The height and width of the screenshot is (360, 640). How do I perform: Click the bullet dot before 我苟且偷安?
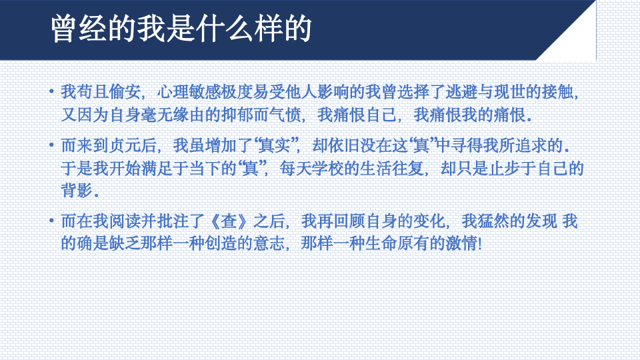coord(51,91)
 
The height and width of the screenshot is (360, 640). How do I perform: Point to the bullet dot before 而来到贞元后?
coord(51,145)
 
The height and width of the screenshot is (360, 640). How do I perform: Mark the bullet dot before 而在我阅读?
coord(51,221)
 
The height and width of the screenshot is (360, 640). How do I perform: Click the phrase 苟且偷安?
coord(109,92)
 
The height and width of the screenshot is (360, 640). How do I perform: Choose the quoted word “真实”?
coord(277,145)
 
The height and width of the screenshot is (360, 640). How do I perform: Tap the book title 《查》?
coord(229,221)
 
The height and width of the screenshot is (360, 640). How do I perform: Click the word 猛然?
coord(493,221)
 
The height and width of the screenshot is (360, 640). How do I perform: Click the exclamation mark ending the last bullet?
coord(480,244)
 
